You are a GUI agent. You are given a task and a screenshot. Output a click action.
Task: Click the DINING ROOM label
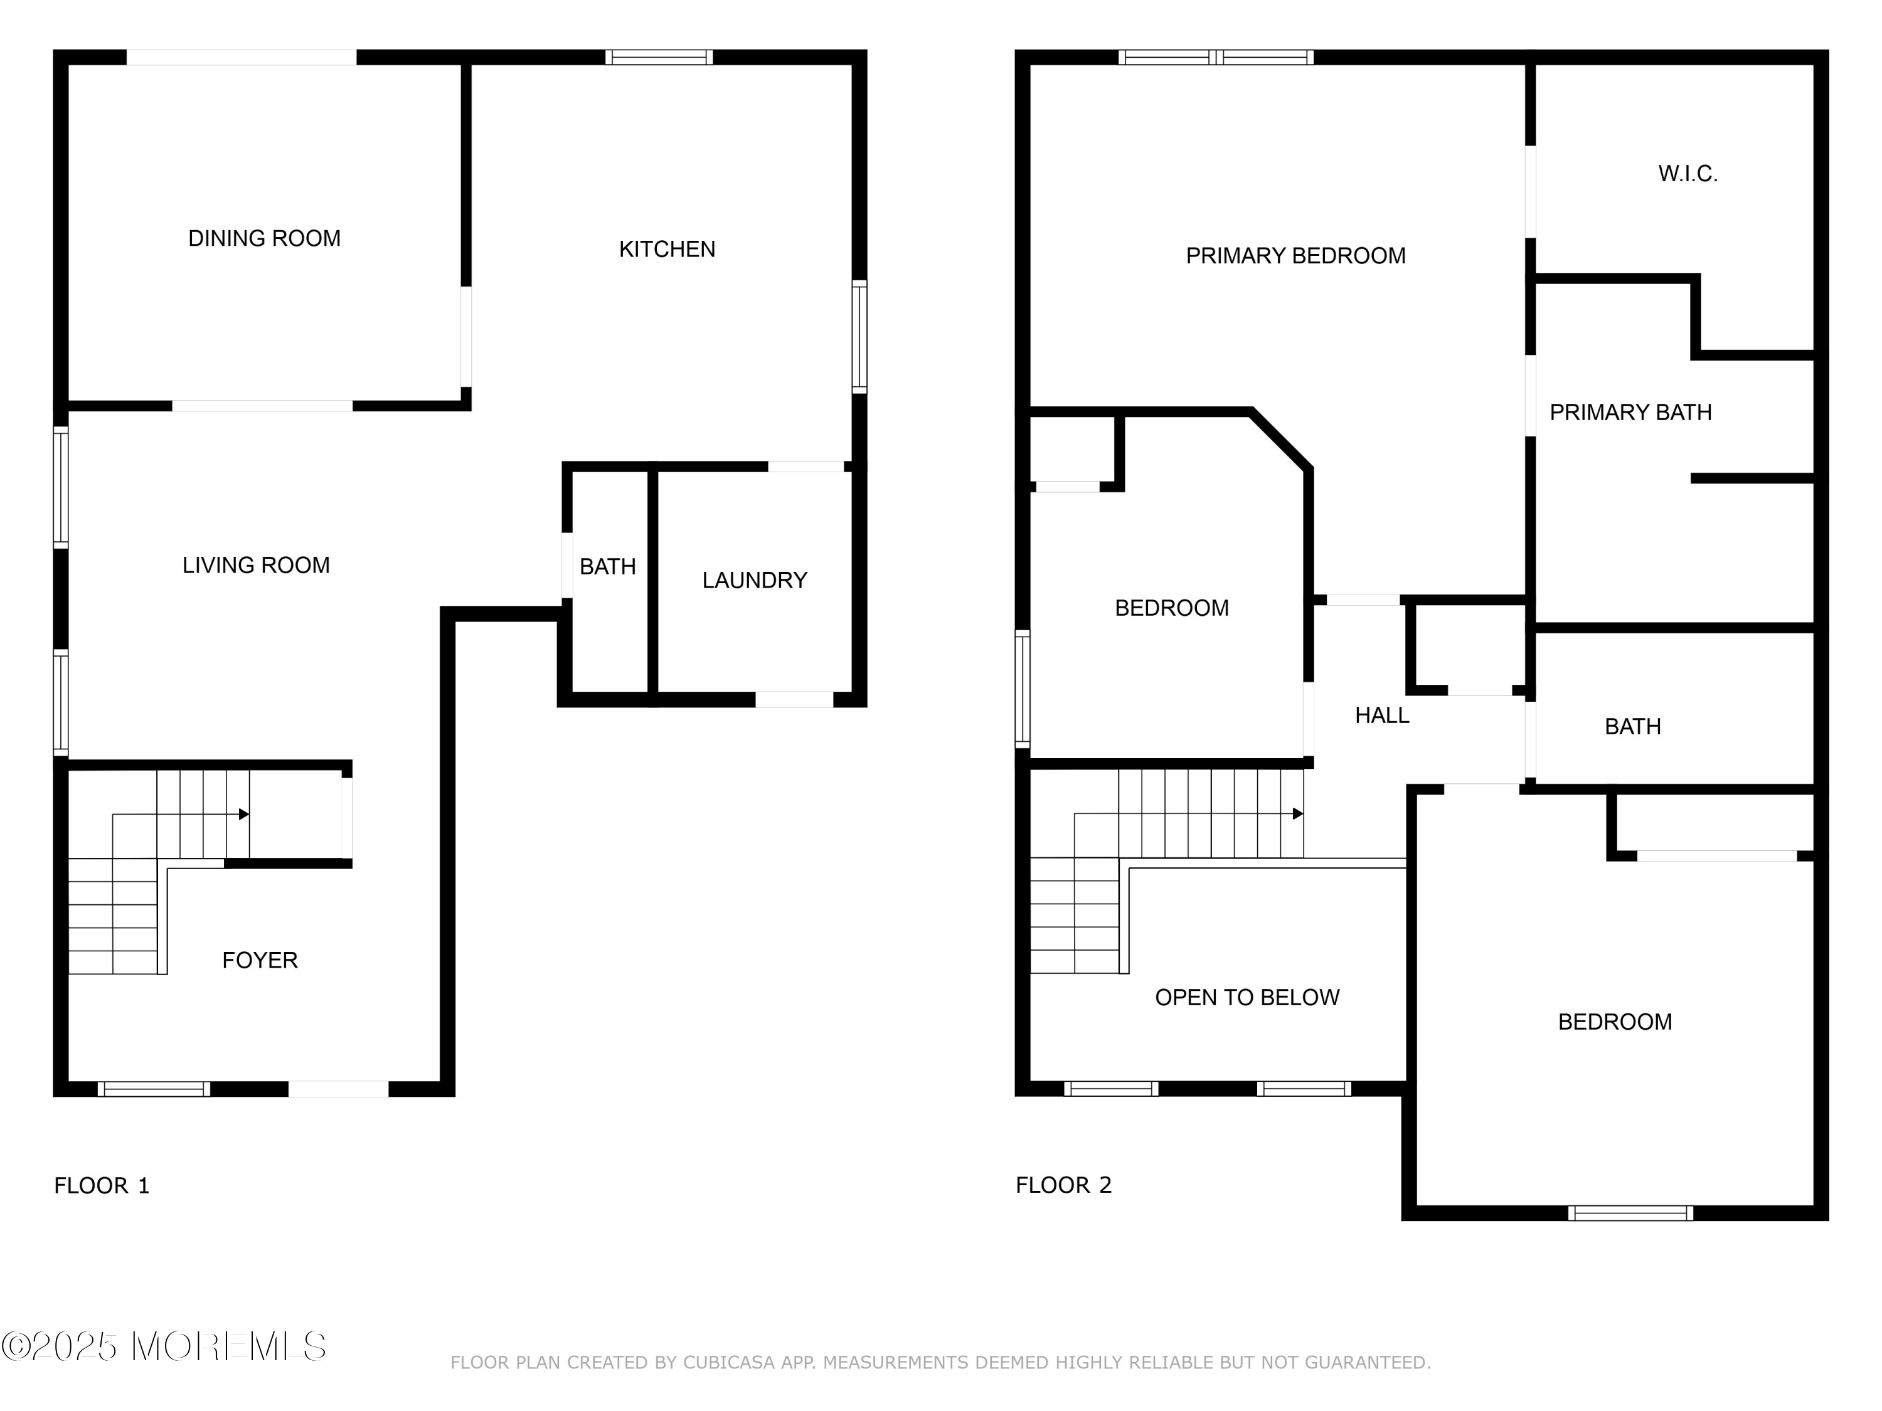[265, 239]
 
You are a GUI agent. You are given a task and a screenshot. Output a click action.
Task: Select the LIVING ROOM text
[256, 566]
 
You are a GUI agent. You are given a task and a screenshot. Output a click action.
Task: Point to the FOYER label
[260, 960]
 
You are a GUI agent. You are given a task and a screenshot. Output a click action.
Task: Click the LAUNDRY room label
[755, 581]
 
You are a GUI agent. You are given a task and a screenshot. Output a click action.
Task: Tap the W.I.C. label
[1688, 174]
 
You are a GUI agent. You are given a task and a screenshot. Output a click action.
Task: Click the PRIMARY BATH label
[1630, 413]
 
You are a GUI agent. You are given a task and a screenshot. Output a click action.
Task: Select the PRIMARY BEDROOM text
[1296, 256]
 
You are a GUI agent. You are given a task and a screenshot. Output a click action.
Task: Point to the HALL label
[1382, 716]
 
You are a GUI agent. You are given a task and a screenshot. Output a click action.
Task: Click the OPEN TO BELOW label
[1247, 998]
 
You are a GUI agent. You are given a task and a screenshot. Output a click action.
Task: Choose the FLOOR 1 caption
[102, 1186]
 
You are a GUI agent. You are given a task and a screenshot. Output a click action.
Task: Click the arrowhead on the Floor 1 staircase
[244, 815]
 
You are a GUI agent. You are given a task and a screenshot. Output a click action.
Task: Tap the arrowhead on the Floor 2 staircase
[1299, 814]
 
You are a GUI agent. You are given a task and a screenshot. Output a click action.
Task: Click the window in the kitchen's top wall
[659, 58]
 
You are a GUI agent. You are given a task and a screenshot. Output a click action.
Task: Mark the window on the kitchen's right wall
[859, 337]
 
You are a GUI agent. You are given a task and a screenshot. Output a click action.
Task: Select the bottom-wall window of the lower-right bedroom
[1630, 1213]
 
